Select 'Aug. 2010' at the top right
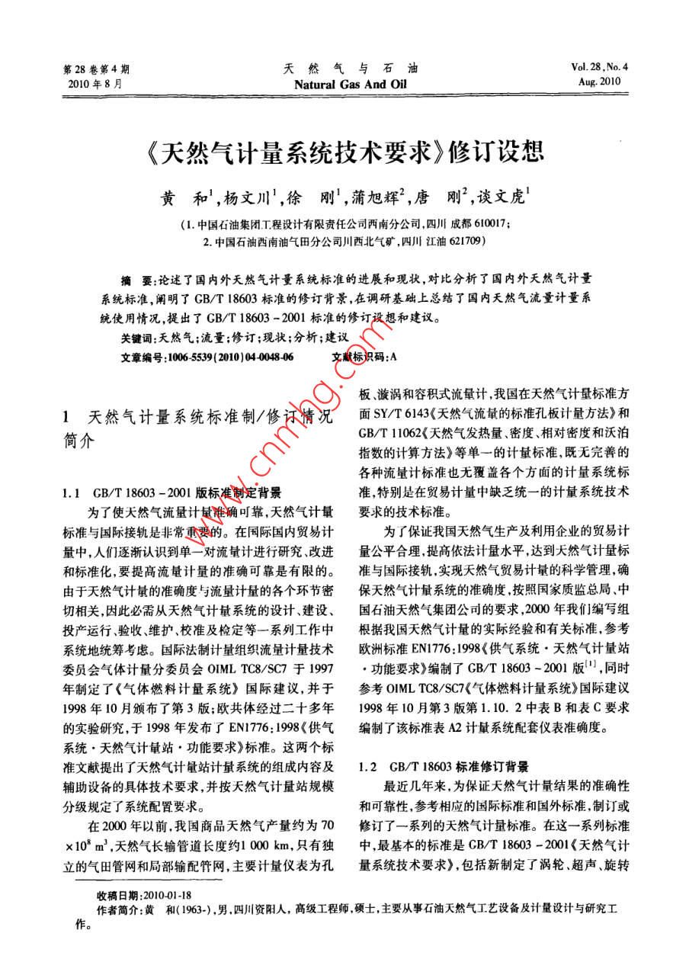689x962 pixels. coord(601,82)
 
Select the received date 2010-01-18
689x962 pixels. coord(167,894)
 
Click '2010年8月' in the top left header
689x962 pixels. coord(94,82)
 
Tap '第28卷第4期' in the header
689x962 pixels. coord(97,68)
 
